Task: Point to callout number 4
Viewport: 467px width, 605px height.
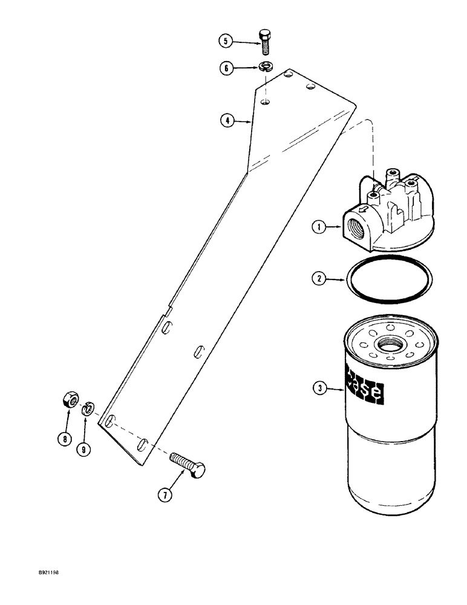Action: pyautogui.click(x=227, y=121)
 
